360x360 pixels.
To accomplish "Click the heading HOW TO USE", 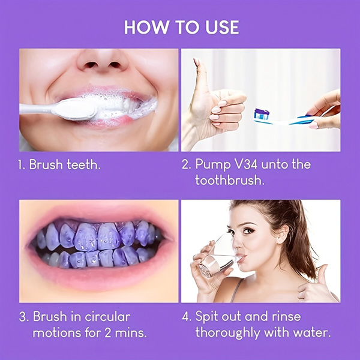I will pos(181,27).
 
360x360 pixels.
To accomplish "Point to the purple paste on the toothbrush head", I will pos(260,112).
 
